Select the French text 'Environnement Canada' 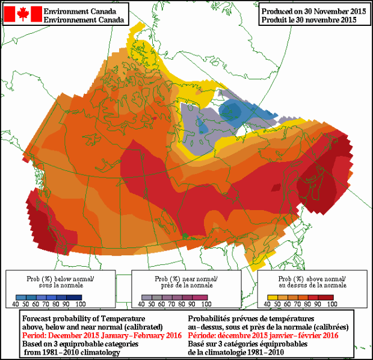click(85, 19)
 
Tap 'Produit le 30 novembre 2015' click(309, 19)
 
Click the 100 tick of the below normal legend click(81, 304)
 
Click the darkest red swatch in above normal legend click(325, 297)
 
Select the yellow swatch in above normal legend click(273, 297)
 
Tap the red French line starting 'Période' click(264, 335)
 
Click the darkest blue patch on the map click(229, 110)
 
